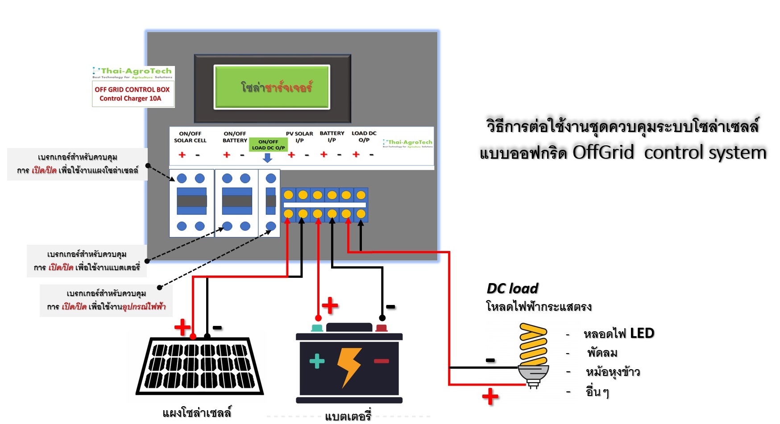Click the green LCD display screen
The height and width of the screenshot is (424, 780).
coord(272,87)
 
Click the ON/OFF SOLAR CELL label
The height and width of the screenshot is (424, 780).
coord(190,137)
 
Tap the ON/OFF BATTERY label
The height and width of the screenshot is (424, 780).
coord(235,137)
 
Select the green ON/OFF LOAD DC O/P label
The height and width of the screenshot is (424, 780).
coord(268,144)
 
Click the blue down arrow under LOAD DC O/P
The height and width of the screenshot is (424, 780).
coord(267,158)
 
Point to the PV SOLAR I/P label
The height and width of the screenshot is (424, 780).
coord(299,136)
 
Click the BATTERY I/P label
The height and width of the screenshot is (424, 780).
coord(332,136)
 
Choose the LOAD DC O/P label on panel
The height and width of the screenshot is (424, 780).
coord(364,136)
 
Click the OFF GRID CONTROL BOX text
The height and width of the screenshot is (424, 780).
coord(132,90)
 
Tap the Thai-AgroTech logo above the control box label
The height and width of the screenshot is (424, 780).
coord(133,73)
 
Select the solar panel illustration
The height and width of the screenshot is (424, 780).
coord(199,366)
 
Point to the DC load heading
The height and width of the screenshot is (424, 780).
coord(512,288)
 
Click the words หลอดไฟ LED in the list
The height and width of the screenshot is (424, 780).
coord(618,333)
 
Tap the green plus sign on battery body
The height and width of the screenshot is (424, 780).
coord(317,361)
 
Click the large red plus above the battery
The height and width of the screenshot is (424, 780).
coord(330,306)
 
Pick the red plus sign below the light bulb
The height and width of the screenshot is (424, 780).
coord(490,396)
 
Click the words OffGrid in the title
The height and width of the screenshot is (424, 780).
coord(603,152)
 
